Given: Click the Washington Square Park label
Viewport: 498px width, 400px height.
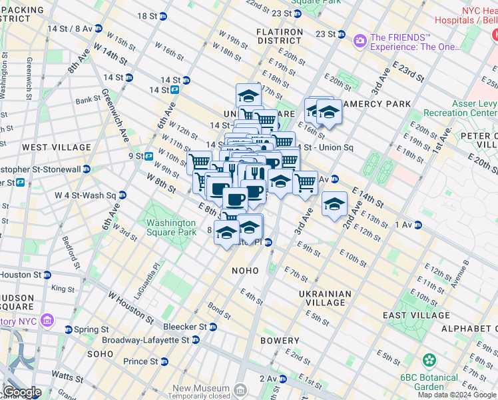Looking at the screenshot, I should pos(171,227).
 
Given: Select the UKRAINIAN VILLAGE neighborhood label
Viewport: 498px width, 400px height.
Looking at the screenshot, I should pos(325,298).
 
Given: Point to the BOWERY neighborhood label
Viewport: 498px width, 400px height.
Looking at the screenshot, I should pos(280,340).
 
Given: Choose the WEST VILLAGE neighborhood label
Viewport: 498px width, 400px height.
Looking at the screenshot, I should pos(56,147).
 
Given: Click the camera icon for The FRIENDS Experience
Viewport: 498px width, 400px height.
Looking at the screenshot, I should pos(360,41).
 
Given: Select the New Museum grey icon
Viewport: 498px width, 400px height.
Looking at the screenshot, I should pos(240,389).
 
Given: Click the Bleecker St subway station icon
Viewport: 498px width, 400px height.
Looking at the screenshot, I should pos(212,327).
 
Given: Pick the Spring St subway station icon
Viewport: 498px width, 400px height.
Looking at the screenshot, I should pos(68,329).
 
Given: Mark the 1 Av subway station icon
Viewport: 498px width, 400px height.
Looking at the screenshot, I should pos(417,225).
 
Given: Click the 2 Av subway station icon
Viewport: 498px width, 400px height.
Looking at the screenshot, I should pos(282,379).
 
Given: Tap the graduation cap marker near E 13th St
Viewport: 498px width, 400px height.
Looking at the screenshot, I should pos(334,204).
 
